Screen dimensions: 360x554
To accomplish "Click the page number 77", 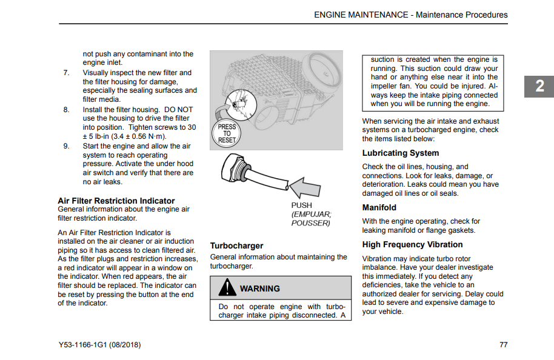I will click(x=503, y=345).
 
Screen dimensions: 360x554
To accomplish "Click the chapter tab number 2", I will click(x=539, y=87).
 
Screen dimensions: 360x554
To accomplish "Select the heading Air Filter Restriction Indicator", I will click(x=116, y=201).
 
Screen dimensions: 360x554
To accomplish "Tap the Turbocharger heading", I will click(x=236, y=245).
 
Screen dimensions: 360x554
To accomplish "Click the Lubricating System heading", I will click(x=401, y=153).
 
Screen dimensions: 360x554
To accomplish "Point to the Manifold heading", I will click(x=379, y=207).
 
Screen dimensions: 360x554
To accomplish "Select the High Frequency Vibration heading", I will click(x=412, y=245).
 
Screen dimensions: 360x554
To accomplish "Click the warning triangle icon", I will click(x=227, y=287).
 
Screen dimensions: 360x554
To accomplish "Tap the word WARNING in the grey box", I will click(x=260, y=288).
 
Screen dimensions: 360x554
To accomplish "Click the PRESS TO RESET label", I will click(x=227, y=133).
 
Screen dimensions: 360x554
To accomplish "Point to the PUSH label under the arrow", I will click(x=302, y=205).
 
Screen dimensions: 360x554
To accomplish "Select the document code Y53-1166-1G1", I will click(x=81, y=345).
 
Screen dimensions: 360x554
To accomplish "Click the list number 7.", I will click(x=66, y=73).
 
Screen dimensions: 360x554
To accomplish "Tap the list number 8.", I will click(x=66, y=110).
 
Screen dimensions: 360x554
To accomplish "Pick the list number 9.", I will click(x=66, y=146).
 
